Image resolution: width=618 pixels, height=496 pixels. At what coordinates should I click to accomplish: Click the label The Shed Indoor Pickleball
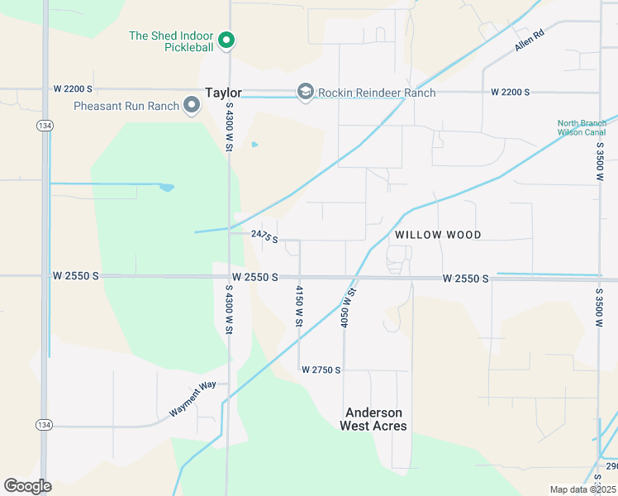(x=171, y=42)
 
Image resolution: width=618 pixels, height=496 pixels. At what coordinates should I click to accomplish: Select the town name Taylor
(x=223, y=93)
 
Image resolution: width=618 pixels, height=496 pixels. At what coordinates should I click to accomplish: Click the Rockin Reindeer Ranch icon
(x=305, y=92)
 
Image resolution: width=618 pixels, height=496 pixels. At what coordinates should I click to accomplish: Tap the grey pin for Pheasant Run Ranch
(x=192, y=105)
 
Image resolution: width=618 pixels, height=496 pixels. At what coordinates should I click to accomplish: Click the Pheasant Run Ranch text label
(x=126, y=106)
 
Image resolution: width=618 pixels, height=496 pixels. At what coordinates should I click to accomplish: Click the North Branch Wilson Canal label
(x=582, y=128)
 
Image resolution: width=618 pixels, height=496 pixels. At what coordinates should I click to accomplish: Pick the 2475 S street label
(x=264, y=236)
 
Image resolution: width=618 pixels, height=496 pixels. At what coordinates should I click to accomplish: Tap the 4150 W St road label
(x=299, y=305)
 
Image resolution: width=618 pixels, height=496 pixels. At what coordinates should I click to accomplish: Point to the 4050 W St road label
(x=348, y=305)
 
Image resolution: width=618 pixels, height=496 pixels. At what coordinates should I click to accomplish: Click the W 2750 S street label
(x=321, y=370)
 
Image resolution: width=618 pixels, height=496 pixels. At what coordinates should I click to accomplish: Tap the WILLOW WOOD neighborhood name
(x=438, y=236)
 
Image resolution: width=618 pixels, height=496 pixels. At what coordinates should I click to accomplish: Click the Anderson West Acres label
(x=373, y=419)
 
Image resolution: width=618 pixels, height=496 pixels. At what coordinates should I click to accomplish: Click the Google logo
(x=27, y=486)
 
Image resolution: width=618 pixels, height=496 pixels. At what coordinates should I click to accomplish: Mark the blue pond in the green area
(x=167, y=188)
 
